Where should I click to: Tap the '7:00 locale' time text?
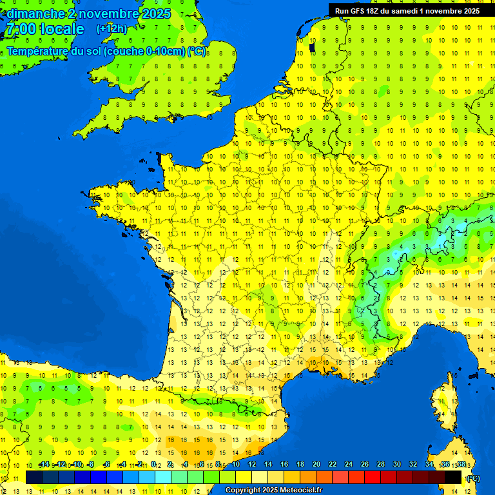click(x=44, y=29)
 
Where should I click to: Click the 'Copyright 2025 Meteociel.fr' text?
click(x=274, y=490)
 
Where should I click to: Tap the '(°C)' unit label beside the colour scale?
click(x=473, y=478)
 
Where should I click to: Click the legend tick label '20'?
click(x=316, y=465)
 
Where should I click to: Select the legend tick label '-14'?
click(x=44, y=465)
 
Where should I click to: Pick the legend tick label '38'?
click(x=461, y=465)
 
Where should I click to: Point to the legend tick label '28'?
click(x=381, y=465)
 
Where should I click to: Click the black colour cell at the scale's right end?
click(x=453, y=477)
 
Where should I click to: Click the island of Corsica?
click(x=442, y=406)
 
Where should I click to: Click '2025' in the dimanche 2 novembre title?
click(x=155, y=14)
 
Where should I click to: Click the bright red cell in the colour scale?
click(x=373, y=477)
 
